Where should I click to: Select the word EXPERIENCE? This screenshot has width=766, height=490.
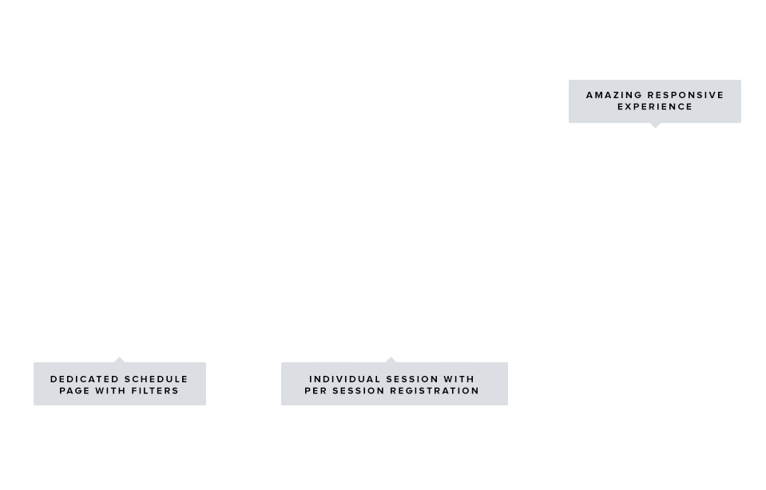coord(655,107)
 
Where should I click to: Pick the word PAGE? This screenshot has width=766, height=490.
coord(75,391)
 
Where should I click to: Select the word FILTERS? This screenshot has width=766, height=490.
coord(154,391)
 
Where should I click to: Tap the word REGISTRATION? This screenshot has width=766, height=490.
coord(432,391)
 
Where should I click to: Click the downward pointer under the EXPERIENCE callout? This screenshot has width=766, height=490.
coord(656,125)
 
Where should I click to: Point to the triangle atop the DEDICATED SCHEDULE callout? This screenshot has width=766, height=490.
coord(119,360)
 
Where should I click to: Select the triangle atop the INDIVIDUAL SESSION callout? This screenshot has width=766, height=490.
coord(391,360)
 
